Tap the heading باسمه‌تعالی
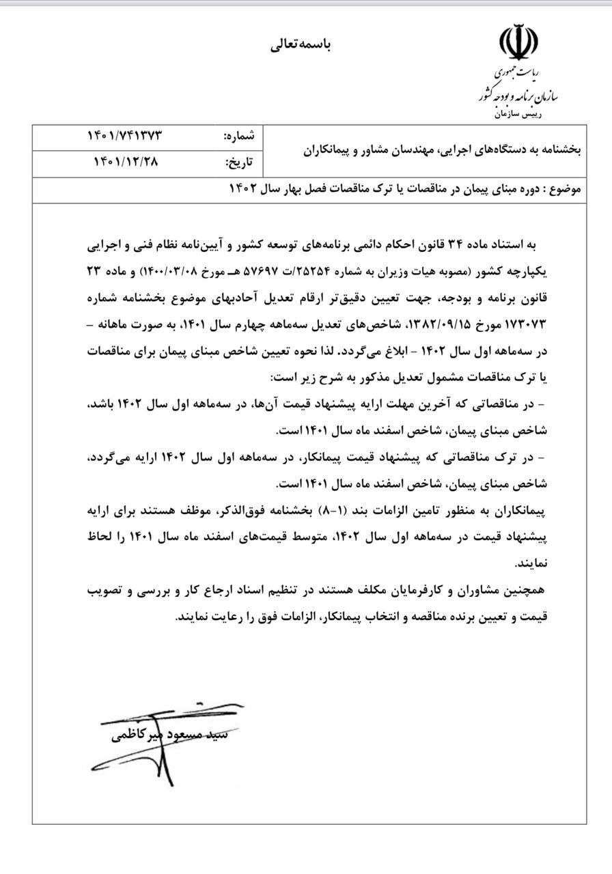(302, 45)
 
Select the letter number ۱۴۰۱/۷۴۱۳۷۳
(124, 136)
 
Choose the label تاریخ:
(240, 163)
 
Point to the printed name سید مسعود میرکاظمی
(171, 736)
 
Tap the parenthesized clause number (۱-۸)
(339, 510)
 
